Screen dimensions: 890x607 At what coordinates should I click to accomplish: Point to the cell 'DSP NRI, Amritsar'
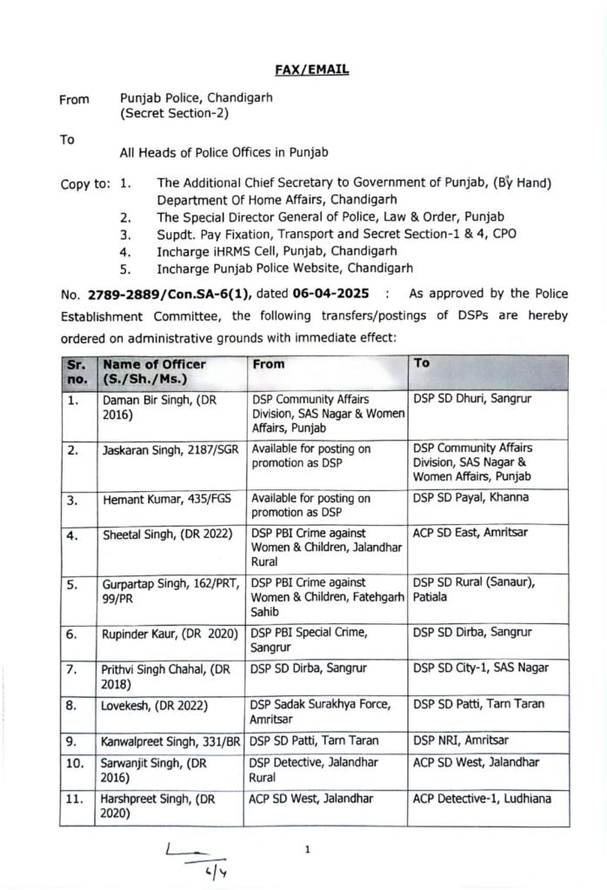point(461,741)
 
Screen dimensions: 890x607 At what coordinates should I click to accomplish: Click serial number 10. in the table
point(77,763)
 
